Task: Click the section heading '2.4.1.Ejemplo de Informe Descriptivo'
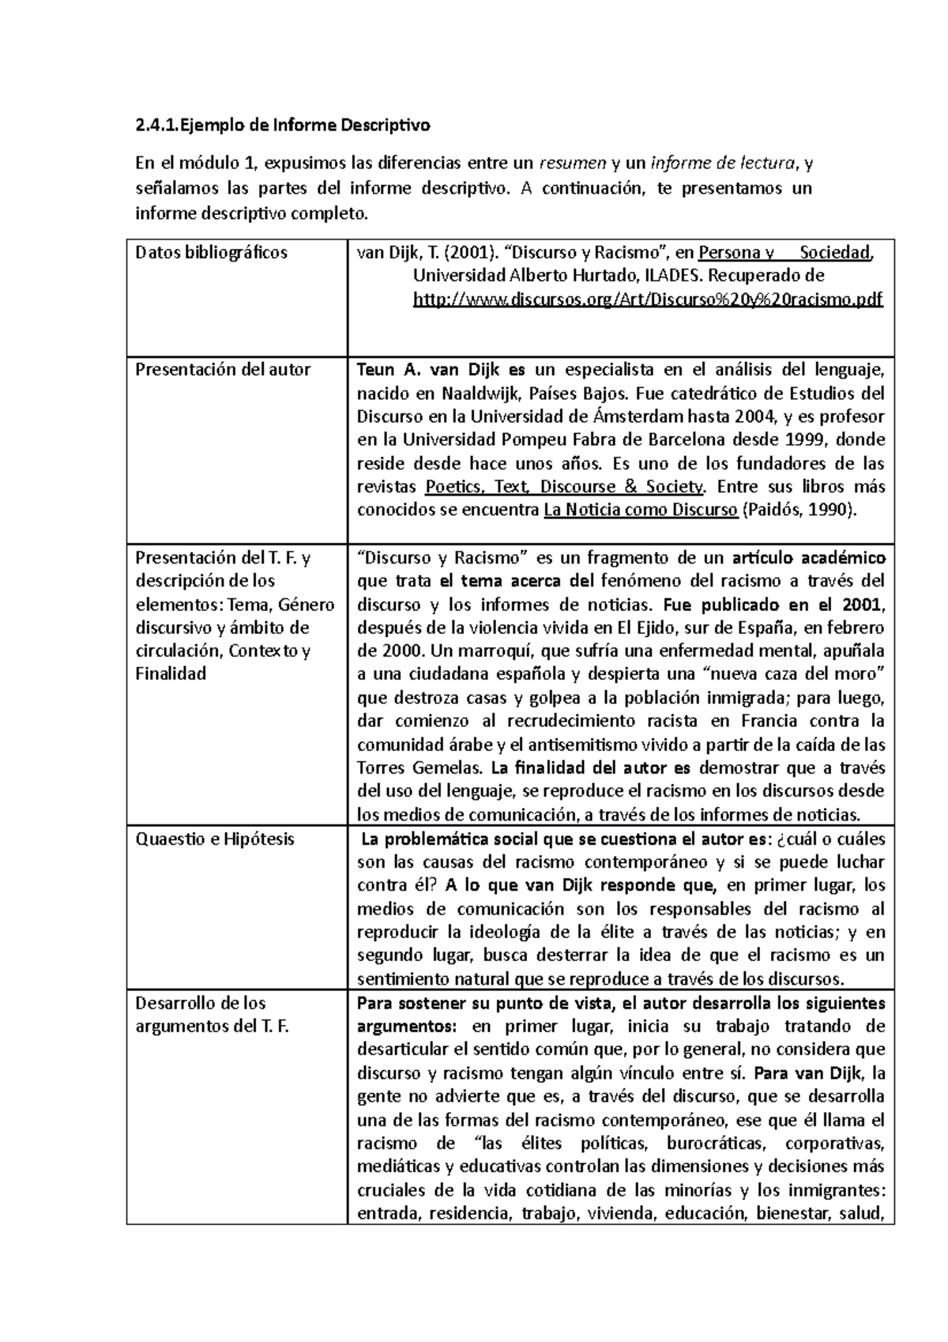pyautogui.click(x=283, y=125)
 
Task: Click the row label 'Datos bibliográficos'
pyautogui.click(x=212, y=253)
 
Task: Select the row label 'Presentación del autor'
pyautogui.click(x=223, y=370)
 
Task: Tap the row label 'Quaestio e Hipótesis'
pyautogui.click(x=215, y=839)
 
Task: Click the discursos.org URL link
pyautogui.click(x=648, y=300)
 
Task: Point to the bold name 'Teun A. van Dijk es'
pyautogui.click(x=441, y=370)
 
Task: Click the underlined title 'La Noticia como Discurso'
pyautogui.click(x=641, y=510)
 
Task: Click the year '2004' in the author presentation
pyautogui.click(x=753, y=417)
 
